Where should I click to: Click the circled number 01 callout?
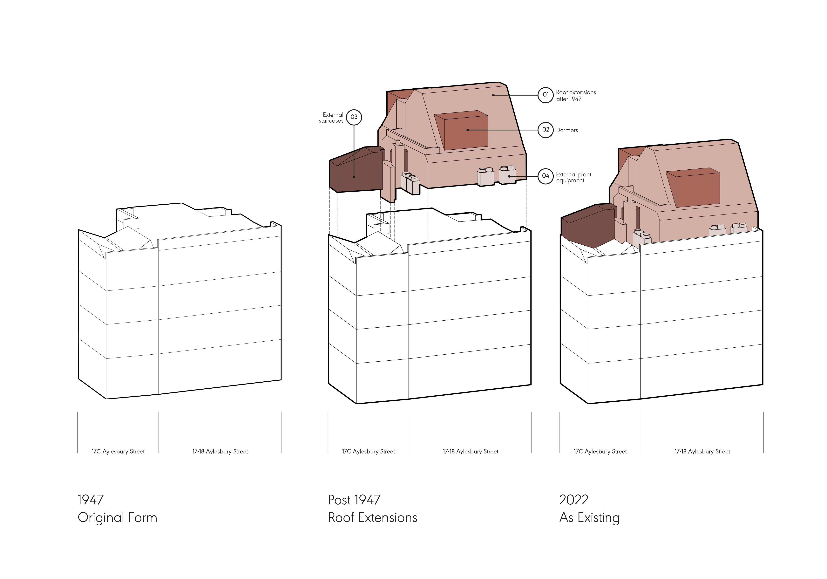click(545, 95)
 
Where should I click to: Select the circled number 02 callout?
click(545, 130)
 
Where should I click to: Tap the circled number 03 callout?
click(354, 117)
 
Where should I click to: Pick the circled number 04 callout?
click(545, 176)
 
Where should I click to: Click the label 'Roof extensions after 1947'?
click(576, 95)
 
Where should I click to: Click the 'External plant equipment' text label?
click(573, 177)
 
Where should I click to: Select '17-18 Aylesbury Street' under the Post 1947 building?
click(470, 452)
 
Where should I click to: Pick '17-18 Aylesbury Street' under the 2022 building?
click(702, 452)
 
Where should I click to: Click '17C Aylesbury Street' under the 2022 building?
click(600, 452)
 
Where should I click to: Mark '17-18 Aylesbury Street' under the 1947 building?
click(220, 452)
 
